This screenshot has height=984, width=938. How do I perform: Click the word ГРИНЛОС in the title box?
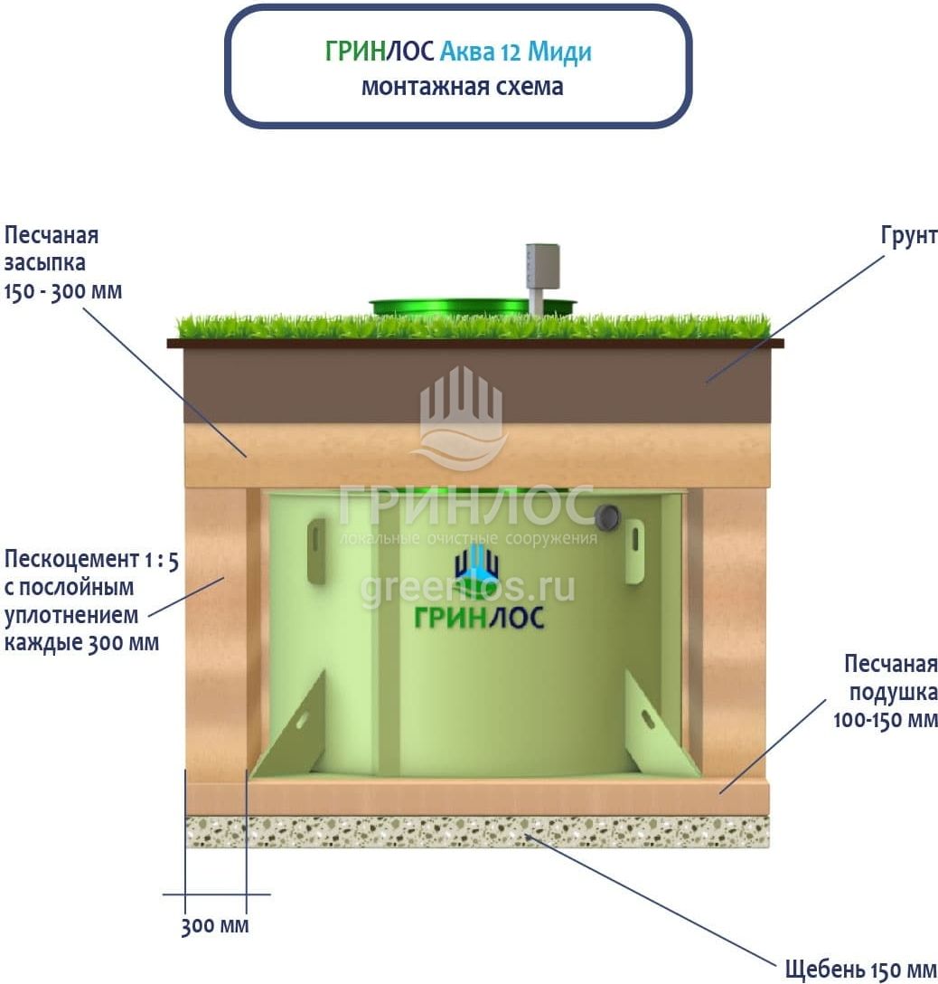coord(380,52)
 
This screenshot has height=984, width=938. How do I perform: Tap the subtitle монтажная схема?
coord(462,87)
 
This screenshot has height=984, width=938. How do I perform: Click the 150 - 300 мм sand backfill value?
coord(62,292)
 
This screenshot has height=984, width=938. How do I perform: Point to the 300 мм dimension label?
coord(214,926)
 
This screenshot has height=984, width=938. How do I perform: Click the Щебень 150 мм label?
coord(860,970)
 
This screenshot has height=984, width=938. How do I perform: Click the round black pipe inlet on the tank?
coord(607,516)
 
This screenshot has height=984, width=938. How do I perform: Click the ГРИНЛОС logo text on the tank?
coord(479,618)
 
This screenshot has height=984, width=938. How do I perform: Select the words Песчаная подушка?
coord(891,678)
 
